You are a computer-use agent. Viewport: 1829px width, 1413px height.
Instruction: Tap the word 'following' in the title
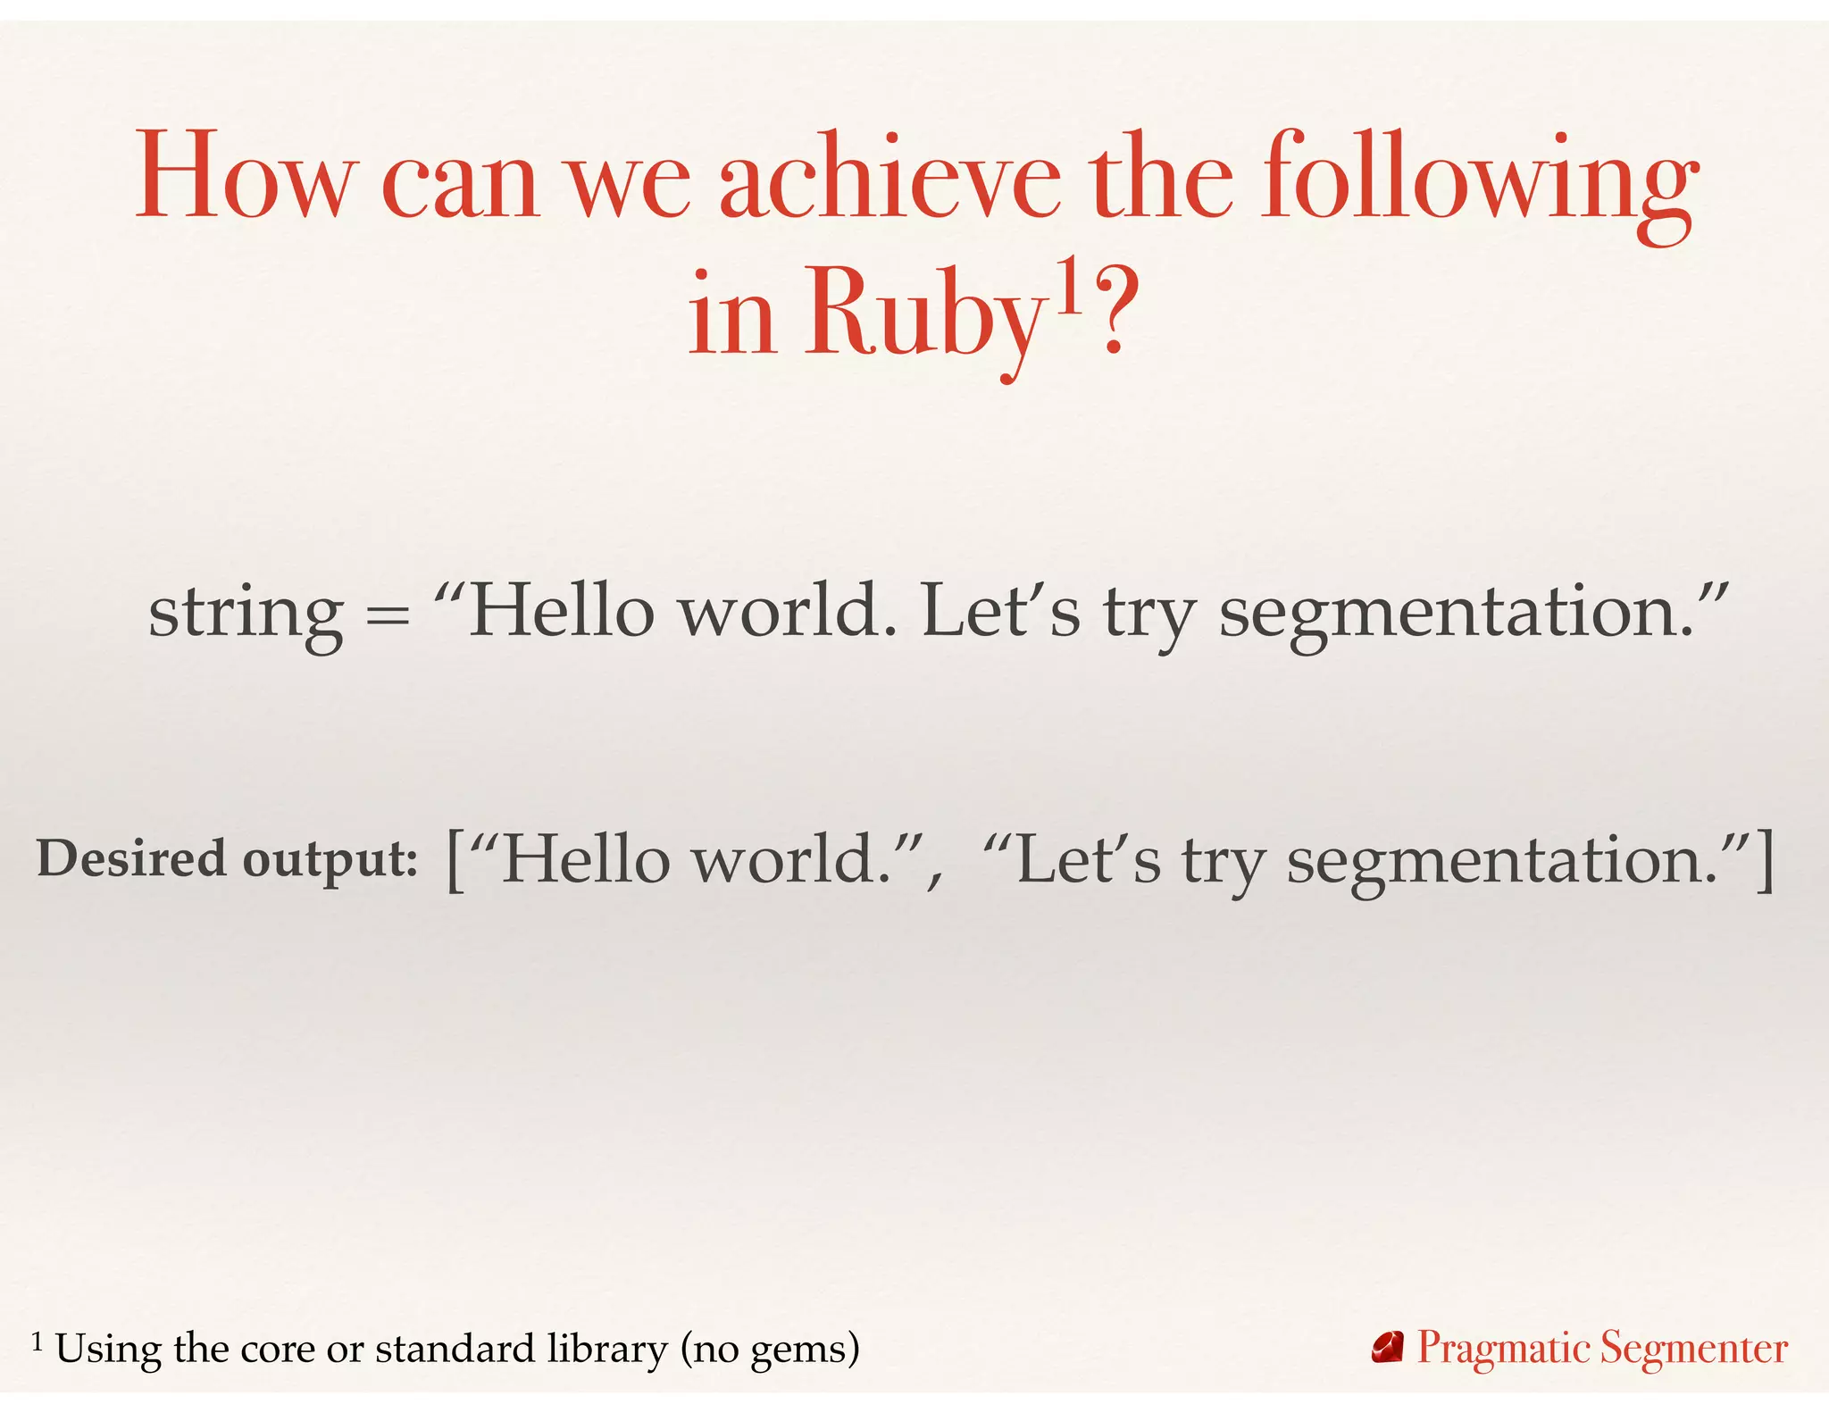click(1479, 179)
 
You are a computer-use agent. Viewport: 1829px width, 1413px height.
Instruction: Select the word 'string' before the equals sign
click(246, 615)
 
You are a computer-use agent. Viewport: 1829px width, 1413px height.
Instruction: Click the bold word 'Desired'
click(131, 858)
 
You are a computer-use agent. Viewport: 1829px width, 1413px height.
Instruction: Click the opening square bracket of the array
click(455, 860)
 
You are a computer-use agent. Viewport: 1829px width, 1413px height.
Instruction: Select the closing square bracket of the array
click(1765, 860)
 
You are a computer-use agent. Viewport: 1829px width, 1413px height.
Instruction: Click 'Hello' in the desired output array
click(586, 859)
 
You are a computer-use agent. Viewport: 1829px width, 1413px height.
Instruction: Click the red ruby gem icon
click(1388, 1348)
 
